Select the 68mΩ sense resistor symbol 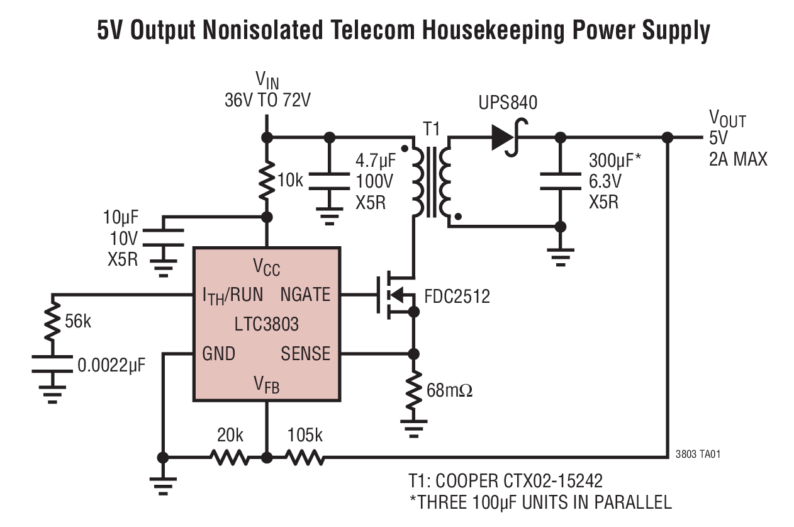413,391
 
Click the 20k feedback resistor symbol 231,457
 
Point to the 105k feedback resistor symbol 305,457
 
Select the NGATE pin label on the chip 305,294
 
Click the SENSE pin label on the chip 305,353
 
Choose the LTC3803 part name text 267,324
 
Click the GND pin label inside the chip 218,353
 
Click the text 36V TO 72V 267,100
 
